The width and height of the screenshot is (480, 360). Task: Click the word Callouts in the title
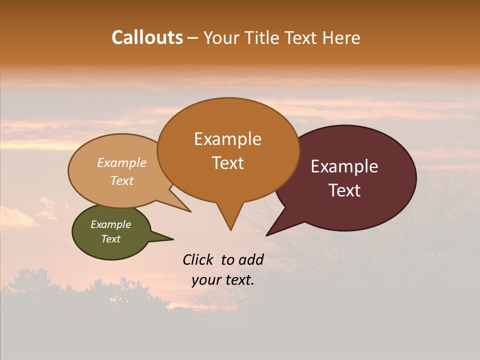[147, 37]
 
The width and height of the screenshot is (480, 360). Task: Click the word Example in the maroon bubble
[344, 166]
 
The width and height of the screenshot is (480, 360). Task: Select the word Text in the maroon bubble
[345, 190]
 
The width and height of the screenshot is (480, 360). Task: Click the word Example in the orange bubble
[227, 139]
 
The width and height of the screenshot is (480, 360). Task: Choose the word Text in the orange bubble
[228, 163]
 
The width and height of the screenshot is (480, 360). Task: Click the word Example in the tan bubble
[122, 162]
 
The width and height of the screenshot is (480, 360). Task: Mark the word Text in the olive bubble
[111, 239]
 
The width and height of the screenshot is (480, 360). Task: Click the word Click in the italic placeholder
[198, 259]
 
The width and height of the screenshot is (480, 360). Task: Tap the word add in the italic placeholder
[250, 259]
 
